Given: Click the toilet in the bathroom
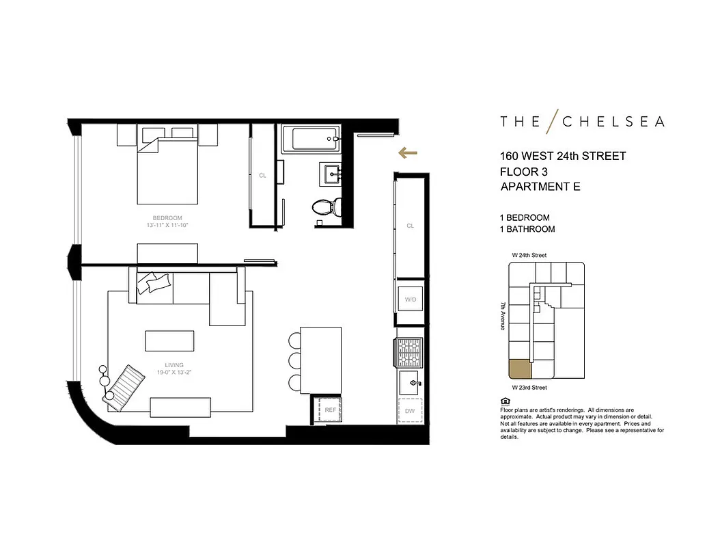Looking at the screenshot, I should (322, 206).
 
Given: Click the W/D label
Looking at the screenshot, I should (410, 299).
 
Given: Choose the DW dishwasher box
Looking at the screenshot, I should (410, 411).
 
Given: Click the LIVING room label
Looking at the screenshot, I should (174, 365).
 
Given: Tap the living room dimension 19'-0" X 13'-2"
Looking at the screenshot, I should (174, 373).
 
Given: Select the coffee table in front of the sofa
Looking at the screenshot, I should (169, 341).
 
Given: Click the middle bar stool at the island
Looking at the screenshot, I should (295, 360).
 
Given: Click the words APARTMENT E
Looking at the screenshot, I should (540, 187).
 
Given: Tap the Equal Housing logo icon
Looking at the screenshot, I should (504, 401).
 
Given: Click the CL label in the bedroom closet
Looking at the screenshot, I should (262, 175).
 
